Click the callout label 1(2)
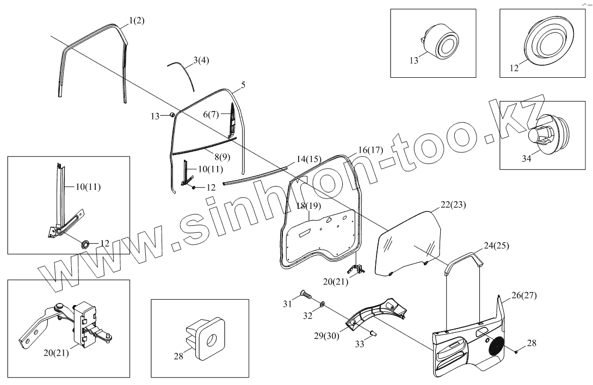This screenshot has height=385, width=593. [137, 21]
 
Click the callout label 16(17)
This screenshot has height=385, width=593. [372, 149]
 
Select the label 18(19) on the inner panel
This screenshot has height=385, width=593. [310, 206]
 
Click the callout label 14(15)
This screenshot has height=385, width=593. [308, 160]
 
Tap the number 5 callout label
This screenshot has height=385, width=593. [243, 85]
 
